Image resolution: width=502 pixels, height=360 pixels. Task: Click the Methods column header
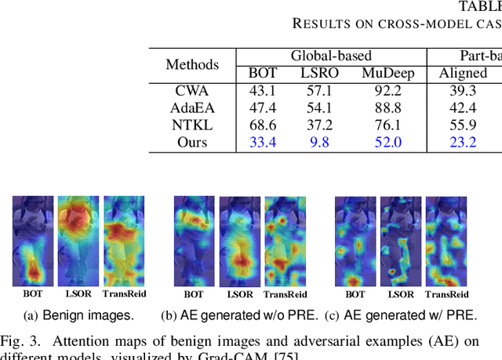click(x=192, y=64)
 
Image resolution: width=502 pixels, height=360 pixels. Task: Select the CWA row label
click(x=192, y=90)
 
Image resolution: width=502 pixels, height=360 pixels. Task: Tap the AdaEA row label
click(x=192, y=107)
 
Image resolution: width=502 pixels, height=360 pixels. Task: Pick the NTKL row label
click(x=192, y=124)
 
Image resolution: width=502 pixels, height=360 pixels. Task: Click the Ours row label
click(x=192, y=141)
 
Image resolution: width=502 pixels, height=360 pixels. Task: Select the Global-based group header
click(x=331, y=56)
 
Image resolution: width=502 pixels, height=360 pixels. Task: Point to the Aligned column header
click(x=464, y=73)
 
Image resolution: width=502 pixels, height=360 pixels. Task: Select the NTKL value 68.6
click(x=263, y=124)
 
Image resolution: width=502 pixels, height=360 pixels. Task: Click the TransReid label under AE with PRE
click(x=446, y=295)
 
